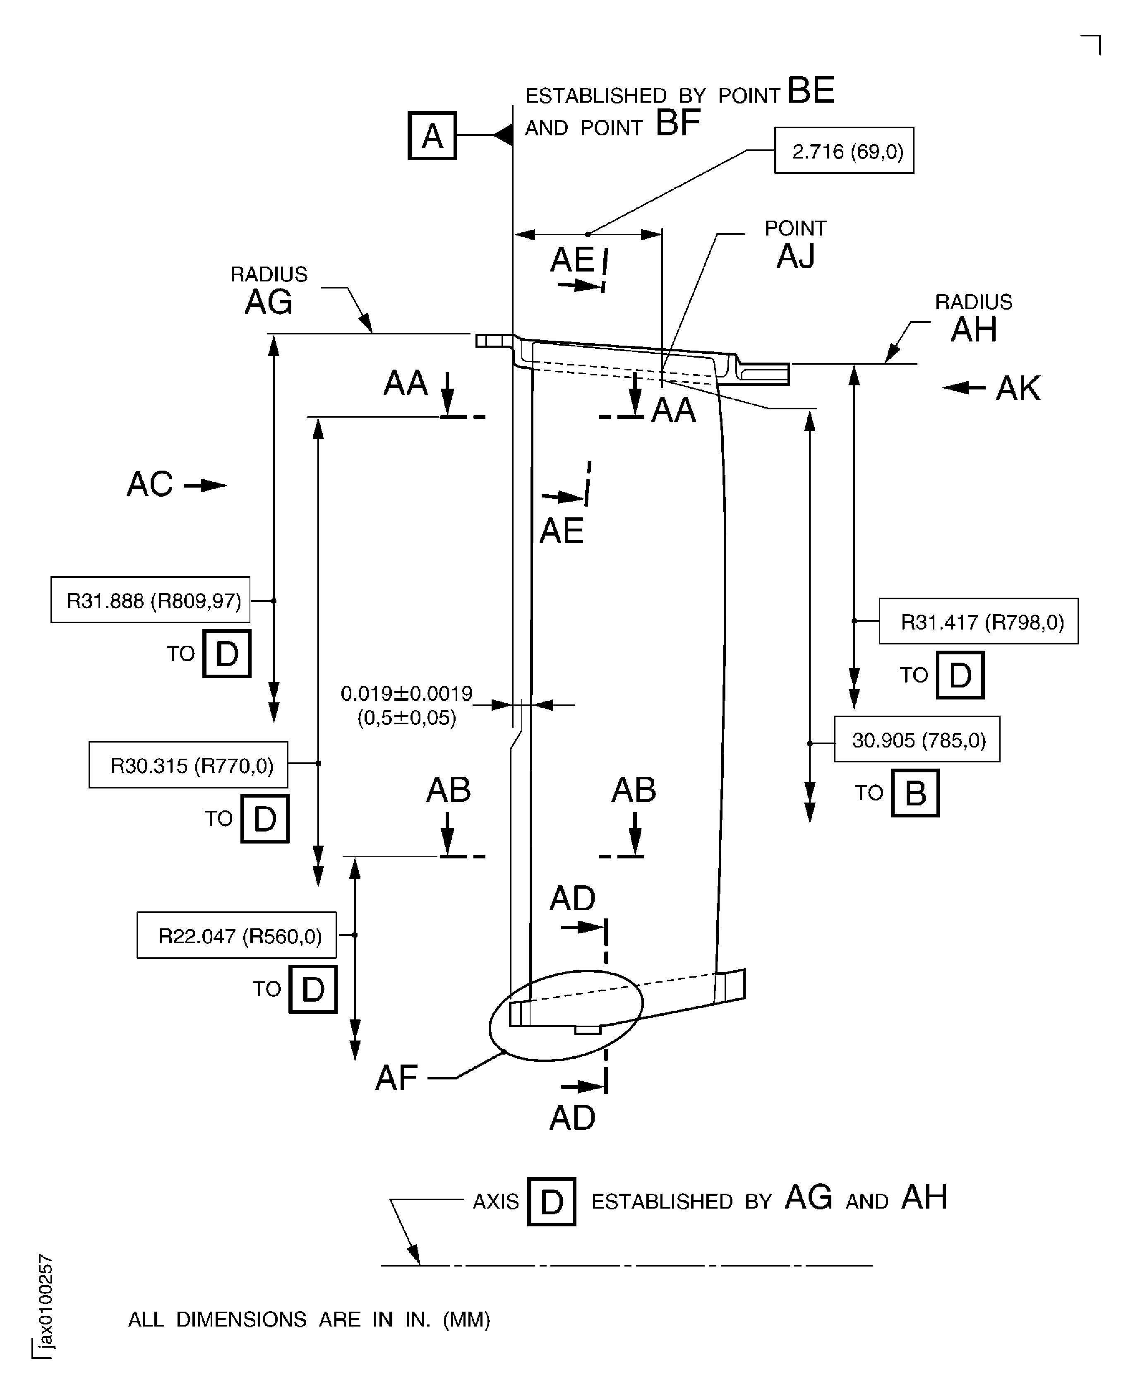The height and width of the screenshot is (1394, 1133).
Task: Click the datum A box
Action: [432, 136]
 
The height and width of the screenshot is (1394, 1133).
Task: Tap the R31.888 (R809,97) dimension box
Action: [151, 600]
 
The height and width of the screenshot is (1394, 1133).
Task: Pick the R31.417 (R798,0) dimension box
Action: [978, 621]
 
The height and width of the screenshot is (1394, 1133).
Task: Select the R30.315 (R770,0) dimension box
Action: [189, 765]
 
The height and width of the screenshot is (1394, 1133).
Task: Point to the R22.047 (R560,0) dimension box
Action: [237, 936]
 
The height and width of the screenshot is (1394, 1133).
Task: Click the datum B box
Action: [915, 793]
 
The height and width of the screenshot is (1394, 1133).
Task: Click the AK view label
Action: [1018, 389]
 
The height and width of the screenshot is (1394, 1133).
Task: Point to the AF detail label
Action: [396, 1078]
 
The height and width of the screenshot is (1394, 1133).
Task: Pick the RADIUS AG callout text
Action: [269, 291]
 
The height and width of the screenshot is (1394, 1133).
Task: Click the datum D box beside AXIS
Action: [552, 1202]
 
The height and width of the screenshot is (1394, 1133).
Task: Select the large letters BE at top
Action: [811, 90]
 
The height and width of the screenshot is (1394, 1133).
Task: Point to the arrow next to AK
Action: [964, 388]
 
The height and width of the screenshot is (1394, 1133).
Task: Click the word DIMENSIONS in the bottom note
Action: [241, 1319]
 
